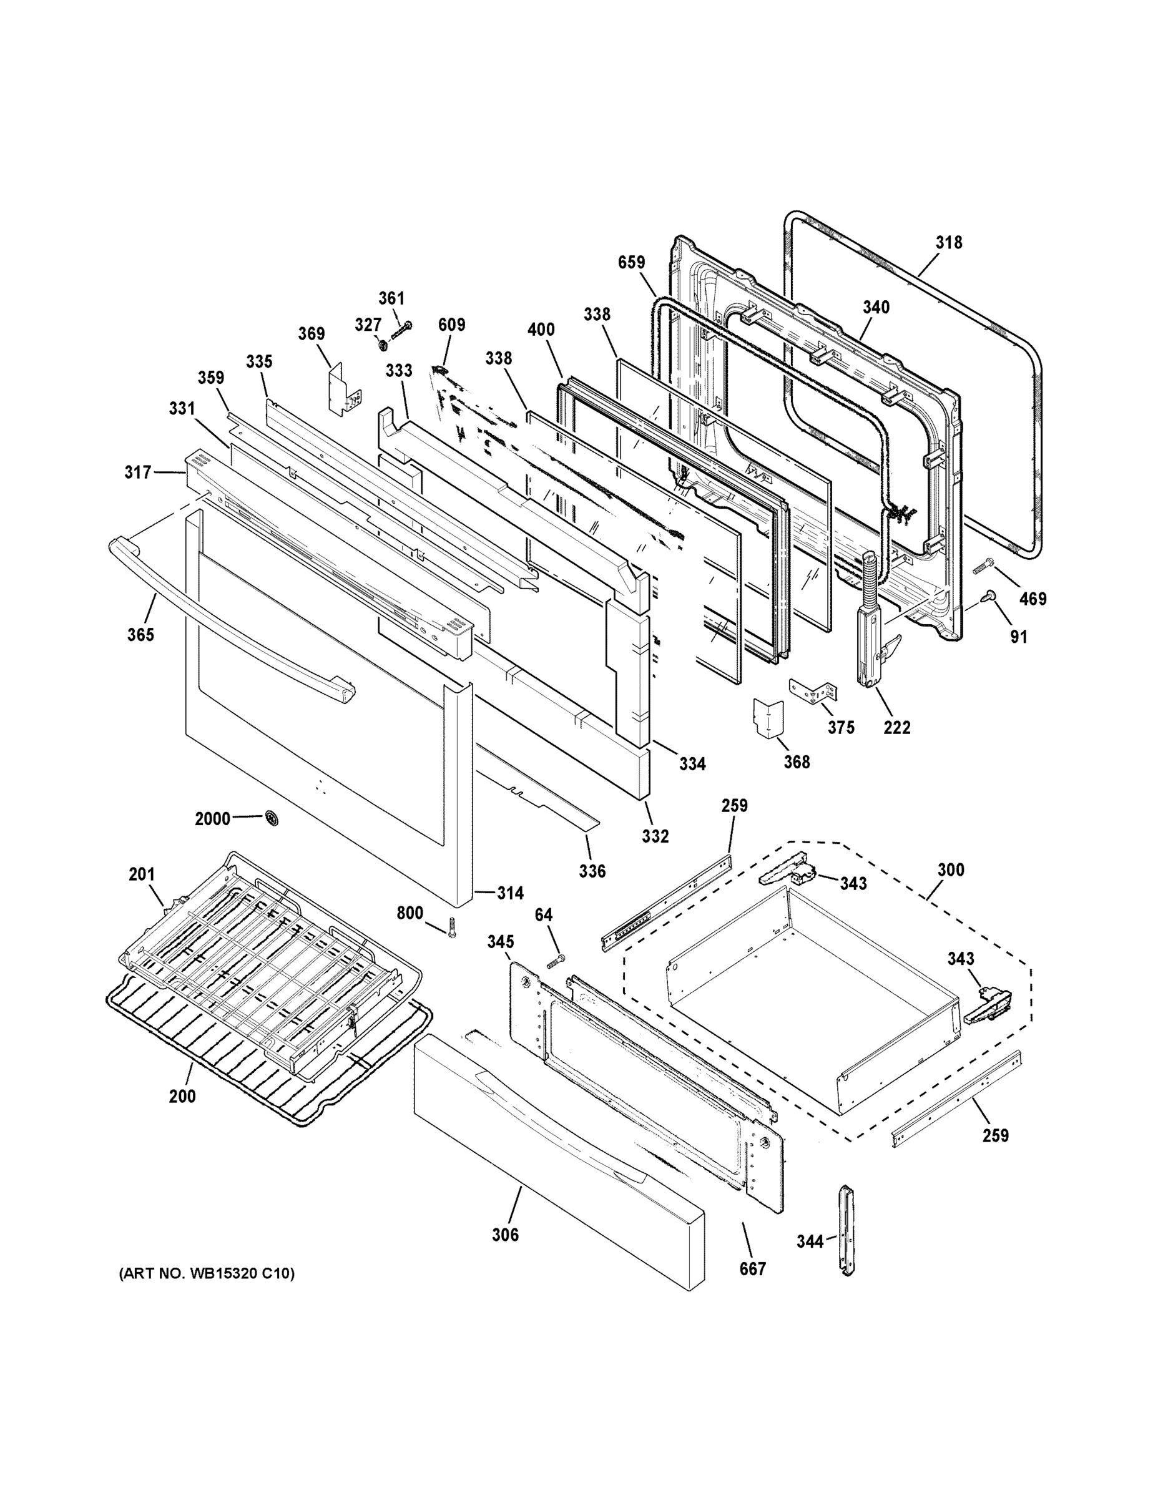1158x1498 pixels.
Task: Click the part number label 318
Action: pos(949,242)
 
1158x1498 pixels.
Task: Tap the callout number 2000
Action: pos(212,818)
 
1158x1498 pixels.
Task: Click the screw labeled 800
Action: pos(451,928)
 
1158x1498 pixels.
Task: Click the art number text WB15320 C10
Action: pos(207,1274)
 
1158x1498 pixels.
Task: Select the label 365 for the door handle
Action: pos(140,634)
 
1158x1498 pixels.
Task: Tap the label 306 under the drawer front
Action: pos(505,1235)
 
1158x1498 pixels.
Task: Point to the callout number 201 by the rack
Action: pos(141,874)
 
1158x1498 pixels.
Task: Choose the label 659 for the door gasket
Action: pos(631,262)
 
